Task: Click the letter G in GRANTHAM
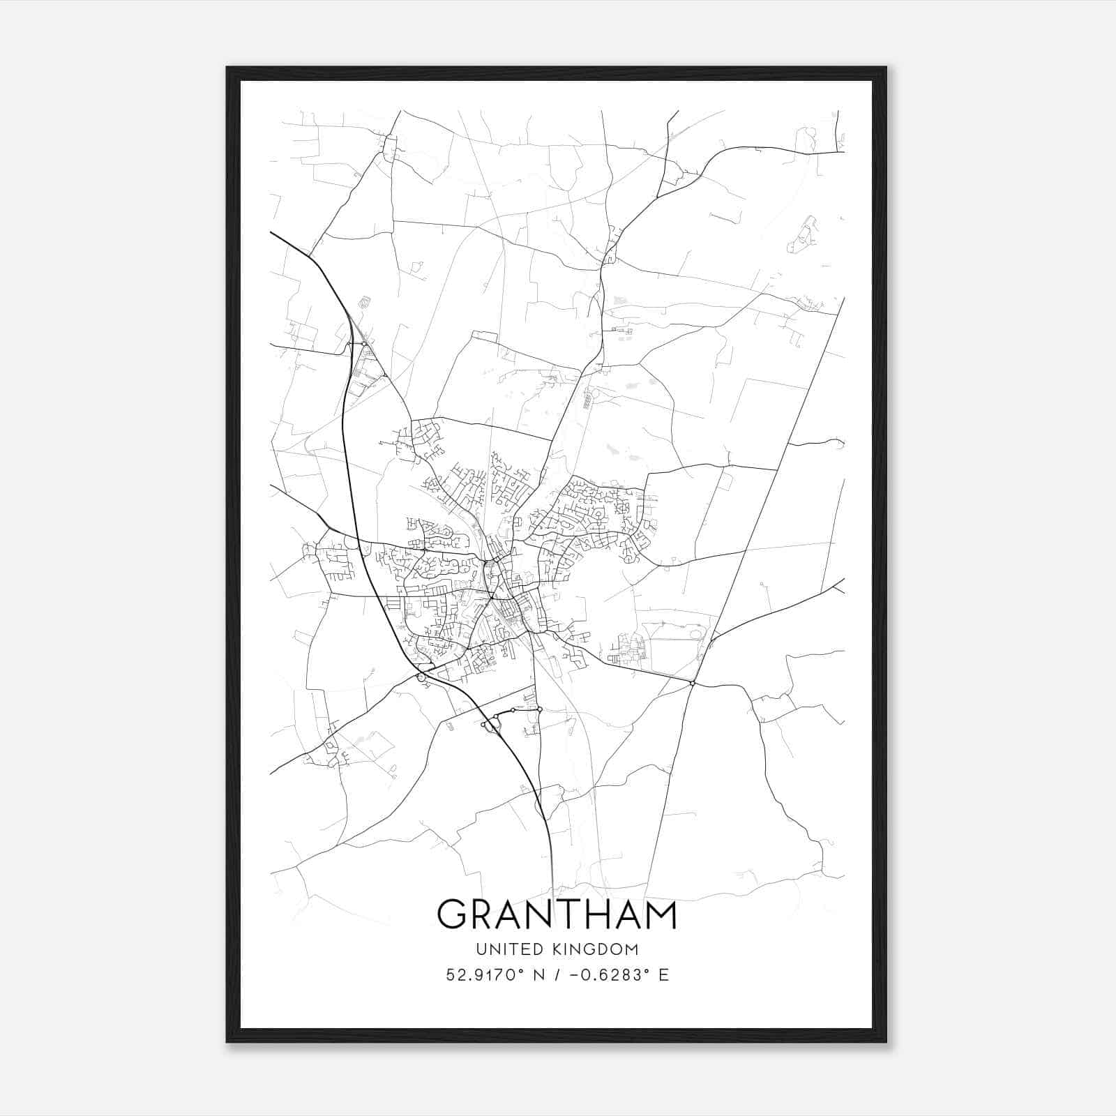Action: pyautogui.click(x=453, y=914)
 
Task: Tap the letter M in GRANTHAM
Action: pyautogui.click(x=658, y=914)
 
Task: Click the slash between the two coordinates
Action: pyautogui.click(x=556, y=975)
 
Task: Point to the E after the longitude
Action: pyautogui.click(x=663, y=975)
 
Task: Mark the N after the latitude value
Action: pyautogui.click(x=538, y=975)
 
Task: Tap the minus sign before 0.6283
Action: pyautogui.click(x=574, y=975)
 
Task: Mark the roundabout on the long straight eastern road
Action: pyautogui.click(x=693, y=683)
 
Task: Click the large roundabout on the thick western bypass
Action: pyautogui.click(x=421, y=677)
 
